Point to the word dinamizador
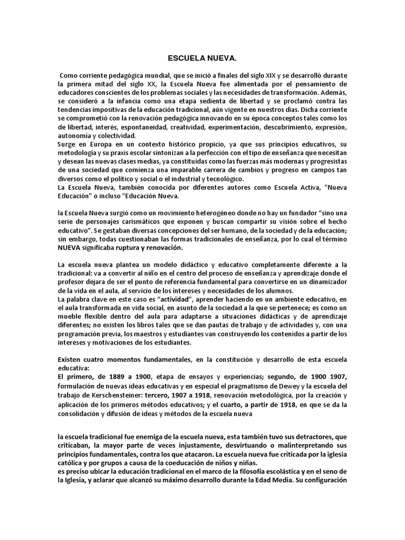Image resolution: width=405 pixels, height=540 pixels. coord(323,283)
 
